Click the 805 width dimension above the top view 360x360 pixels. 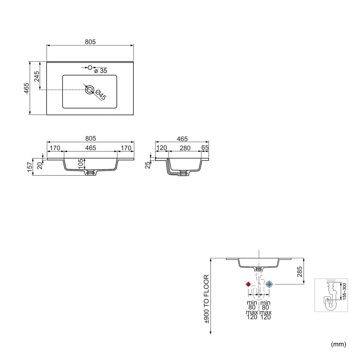91,42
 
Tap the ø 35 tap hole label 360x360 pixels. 101,71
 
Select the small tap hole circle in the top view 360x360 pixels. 90,67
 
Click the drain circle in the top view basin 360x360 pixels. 90,90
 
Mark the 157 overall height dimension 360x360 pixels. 29,167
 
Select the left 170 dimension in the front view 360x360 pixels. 55,148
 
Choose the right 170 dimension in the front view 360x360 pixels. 126,148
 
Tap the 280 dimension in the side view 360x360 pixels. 185,148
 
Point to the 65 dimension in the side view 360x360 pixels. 205,148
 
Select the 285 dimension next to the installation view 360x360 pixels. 300,271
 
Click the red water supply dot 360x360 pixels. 248,284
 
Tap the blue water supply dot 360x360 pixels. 269,284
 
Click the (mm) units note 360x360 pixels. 339,344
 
